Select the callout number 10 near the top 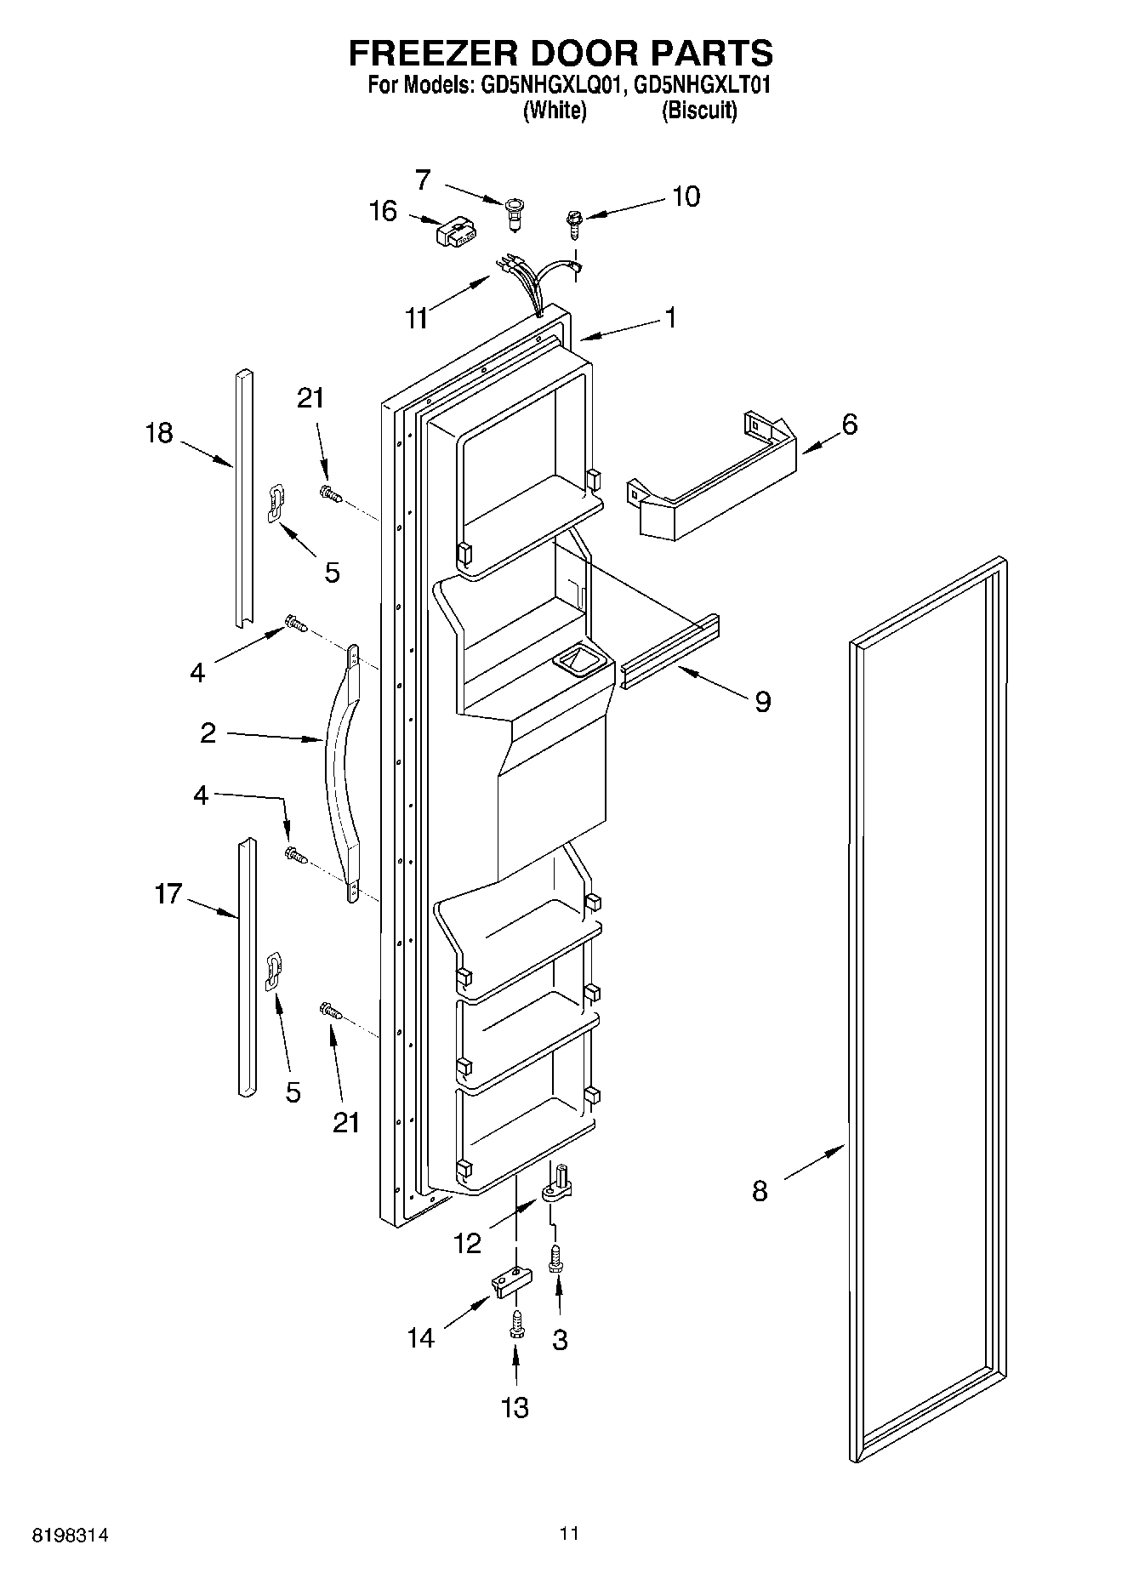686,197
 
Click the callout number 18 159,433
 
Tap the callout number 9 762,701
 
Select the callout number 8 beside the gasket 760,1191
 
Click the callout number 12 468,1244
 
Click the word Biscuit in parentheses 699,111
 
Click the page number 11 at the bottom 569,1534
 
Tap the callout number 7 423,180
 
